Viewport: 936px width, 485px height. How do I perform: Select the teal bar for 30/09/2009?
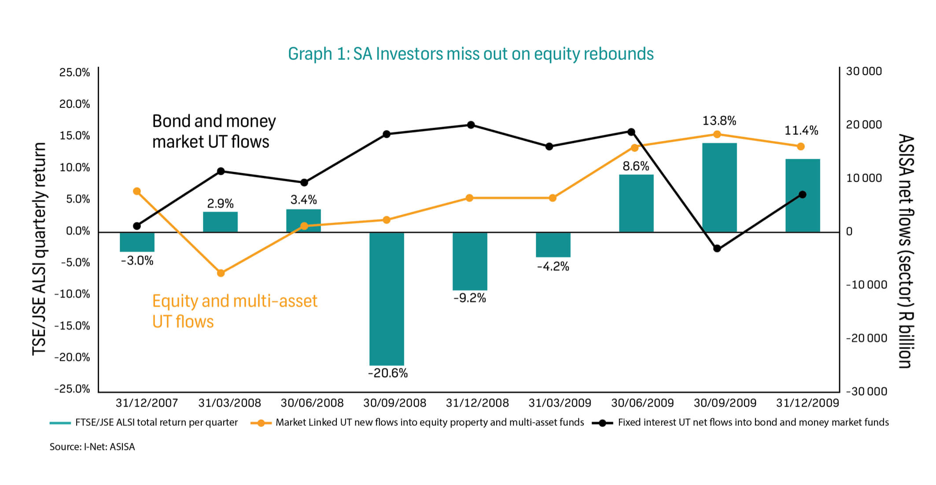pos(719,187)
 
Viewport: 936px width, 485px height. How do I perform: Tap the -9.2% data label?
pos(469,298)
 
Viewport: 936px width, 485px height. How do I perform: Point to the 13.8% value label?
pos(719,121)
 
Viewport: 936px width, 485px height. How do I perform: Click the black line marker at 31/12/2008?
pos(471,125)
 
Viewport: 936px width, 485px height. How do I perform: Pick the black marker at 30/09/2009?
pos(717,249)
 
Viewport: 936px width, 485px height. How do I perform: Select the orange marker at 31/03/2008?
pos(221,273)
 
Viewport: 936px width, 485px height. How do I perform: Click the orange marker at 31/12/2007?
pos(137,191)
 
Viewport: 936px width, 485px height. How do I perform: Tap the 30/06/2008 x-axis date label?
pos(312,403)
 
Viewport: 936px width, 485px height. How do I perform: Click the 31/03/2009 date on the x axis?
pos(560,403)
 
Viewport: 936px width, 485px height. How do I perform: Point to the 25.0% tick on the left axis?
pos(74,72)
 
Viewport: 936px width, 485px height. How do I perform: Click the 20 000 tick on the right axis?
pos(864,125)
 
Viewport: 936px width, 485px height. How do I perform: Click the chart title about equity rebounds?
pos(471,54)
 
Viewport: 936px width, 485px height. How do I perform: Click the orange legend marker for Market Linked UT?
pos(261,423)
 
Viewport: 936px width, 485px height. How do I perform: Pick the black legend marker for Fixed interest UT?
pos(602,423)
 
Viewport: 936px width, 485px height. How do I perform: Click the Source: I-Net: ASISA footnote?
pos(92,447)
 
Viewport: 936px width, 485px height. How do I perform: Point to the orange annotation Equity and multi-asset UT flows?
pos(234,311)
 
